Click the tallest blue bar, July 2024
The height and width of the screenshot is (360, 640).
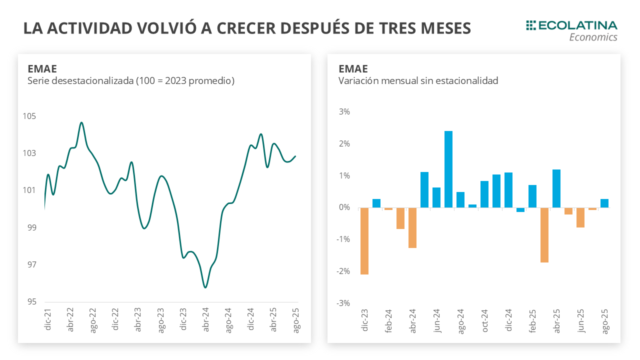point(448,169)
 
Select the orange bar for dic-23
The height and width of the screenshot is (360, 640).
point(364,241)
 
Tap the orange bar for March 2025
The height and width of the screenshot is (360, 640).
point(544,235)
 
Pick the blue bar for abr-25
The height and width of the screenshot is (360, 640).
point(556,188)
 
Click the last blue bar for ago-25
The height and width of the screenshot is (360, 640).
point(604,203)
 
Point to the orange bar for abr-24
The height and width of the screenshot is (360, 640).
point(412,227)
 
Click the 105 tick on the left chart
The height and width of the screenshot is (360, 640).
point(29,116)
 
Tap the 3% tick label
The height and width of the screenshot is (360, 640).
point(344,111)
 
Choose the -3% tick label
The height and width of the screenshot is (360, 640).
point(343,303)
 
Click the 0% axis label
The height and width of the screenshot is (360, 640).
point(343,207)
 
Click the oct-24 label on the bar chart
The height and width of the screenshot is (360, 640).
point(484,321)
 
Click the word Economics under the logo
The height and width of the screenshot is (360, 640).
point(593,37)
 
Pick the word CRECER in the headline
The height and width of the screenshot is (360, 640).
point(257,28)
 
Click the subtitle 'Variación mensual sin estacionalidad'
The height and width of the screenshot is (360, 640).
point(418,80)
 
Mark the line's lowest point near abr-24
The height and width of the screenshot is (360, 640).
point(205,287)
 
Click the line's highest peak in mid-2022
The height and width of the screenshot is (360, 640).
point(81,122)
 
